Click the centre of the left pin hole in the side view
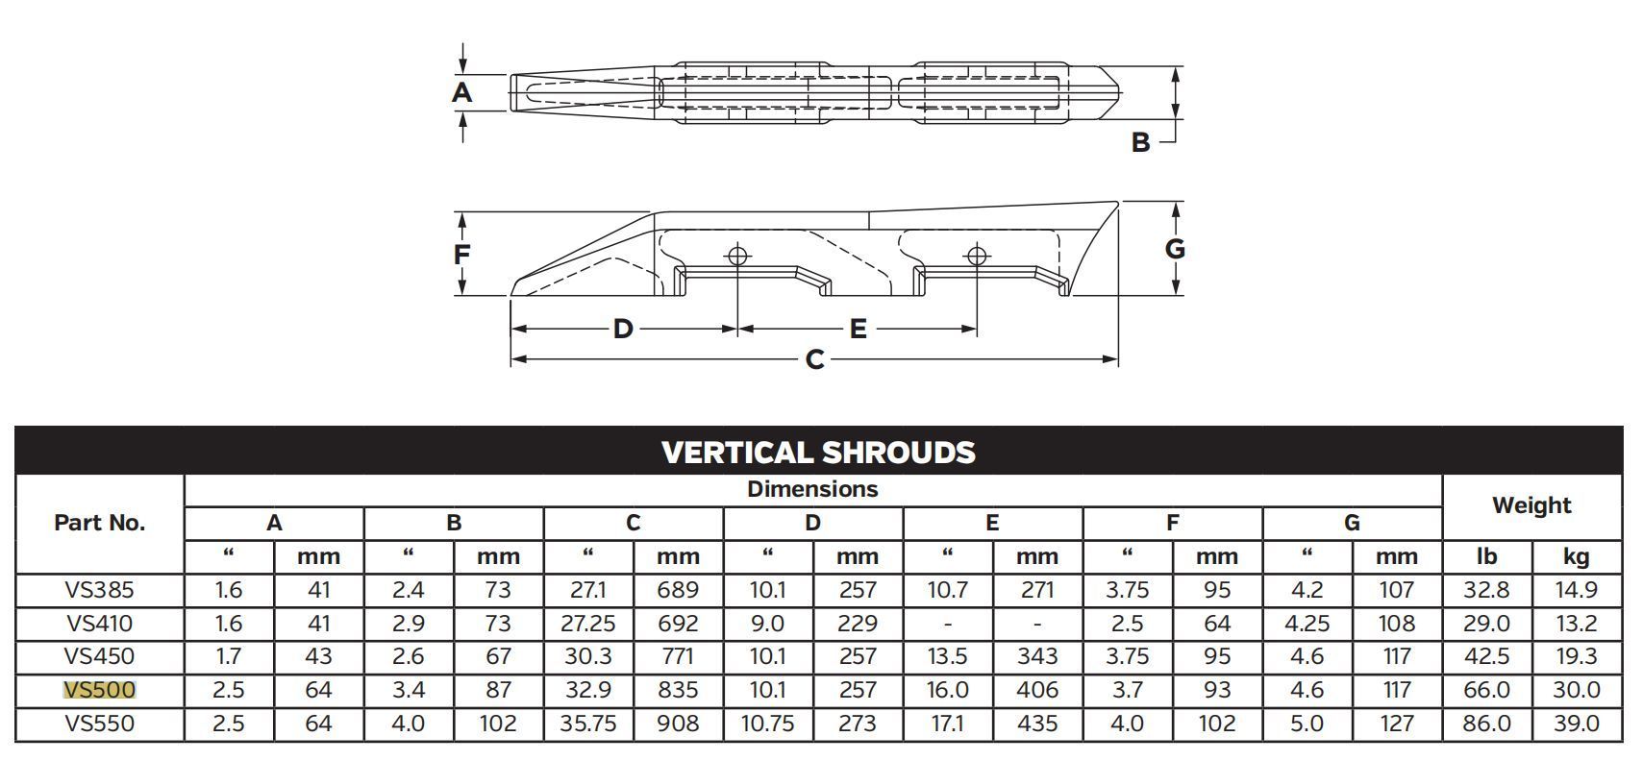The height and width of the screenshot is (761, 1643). point(737,256)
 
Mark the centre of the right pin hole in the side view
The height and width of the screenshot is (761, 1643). point(976,256)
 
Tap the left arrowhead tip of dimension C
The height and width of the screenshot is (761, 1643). point(511,359)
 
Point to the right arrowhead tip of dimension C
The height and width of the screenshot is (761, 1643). point(1118,359)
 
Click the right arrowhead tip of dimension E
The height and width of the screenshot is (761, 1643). point(976,330)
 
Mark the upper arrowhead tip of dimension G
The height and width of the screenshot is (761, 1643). point(1176,203)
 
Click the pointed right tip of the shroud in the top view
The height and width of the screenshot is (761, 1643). point(1120,93)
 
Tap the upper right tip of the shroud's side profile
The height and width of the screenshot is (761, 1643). point(1118,202)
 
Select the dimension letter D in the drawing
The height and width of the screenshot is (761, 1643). point(623,330)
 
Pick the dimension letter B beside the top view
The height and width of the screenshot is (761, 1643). point(1140,142)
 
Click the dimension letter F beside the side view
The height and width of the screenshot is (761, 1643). point(461,255)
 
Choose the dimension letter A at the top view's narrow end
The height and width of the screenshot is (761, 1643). point(461,92)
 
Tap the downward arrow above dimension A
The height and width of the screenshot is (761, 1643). point(462,59)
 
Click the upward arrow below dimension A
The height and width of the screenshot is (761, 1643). point(462,128)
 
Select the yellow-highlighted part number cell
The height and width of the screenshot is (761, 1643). point(100,690)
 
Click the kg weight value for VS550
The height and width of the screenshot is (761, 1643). point(1577,724)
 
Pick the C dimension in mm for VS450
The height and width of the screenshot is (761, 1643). point(678,656)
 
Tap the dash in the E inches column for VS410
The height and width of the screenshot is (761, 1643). point(948,624)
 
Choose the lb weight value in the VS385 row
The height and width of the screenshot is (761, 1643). point(1486,589)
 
